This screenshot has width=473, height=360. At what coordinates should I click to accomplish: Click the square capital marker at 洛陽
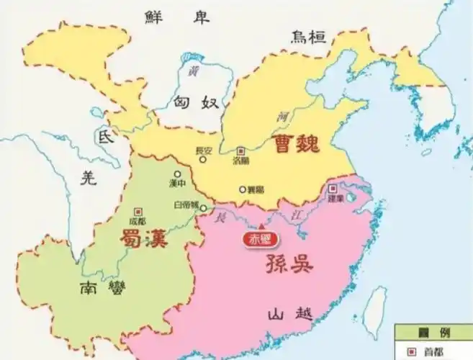(241, 151)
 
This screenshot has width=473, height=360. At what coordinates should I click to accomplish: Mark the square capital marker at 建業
(332, 188)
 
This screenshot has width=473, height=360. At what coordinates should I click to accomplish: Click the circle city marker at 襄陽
(243, 189)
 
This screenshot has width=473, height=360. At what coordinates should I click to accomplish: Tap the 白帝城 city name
(185, 205)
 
